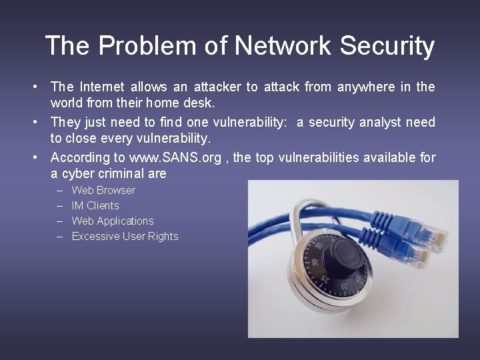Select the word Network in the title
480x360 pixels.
click(283, 47)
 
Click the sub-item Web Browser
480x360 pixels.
click(103, 190)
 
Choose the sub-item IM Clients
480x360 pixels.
click(95, 205)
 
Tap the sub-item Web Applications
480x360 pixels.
click(113, 221)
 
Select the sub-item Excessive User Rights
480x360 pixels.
click(125, 236)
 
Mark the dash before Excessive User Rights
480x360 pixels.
click(59, 236)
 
